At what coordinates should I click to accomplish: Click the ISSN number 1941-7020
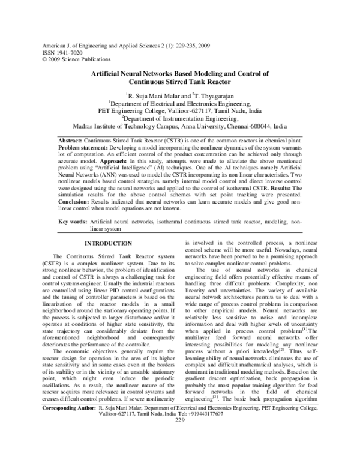tap(69, 53)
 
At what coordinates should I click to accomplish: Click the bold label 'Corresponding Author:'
tap(61, 440)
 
